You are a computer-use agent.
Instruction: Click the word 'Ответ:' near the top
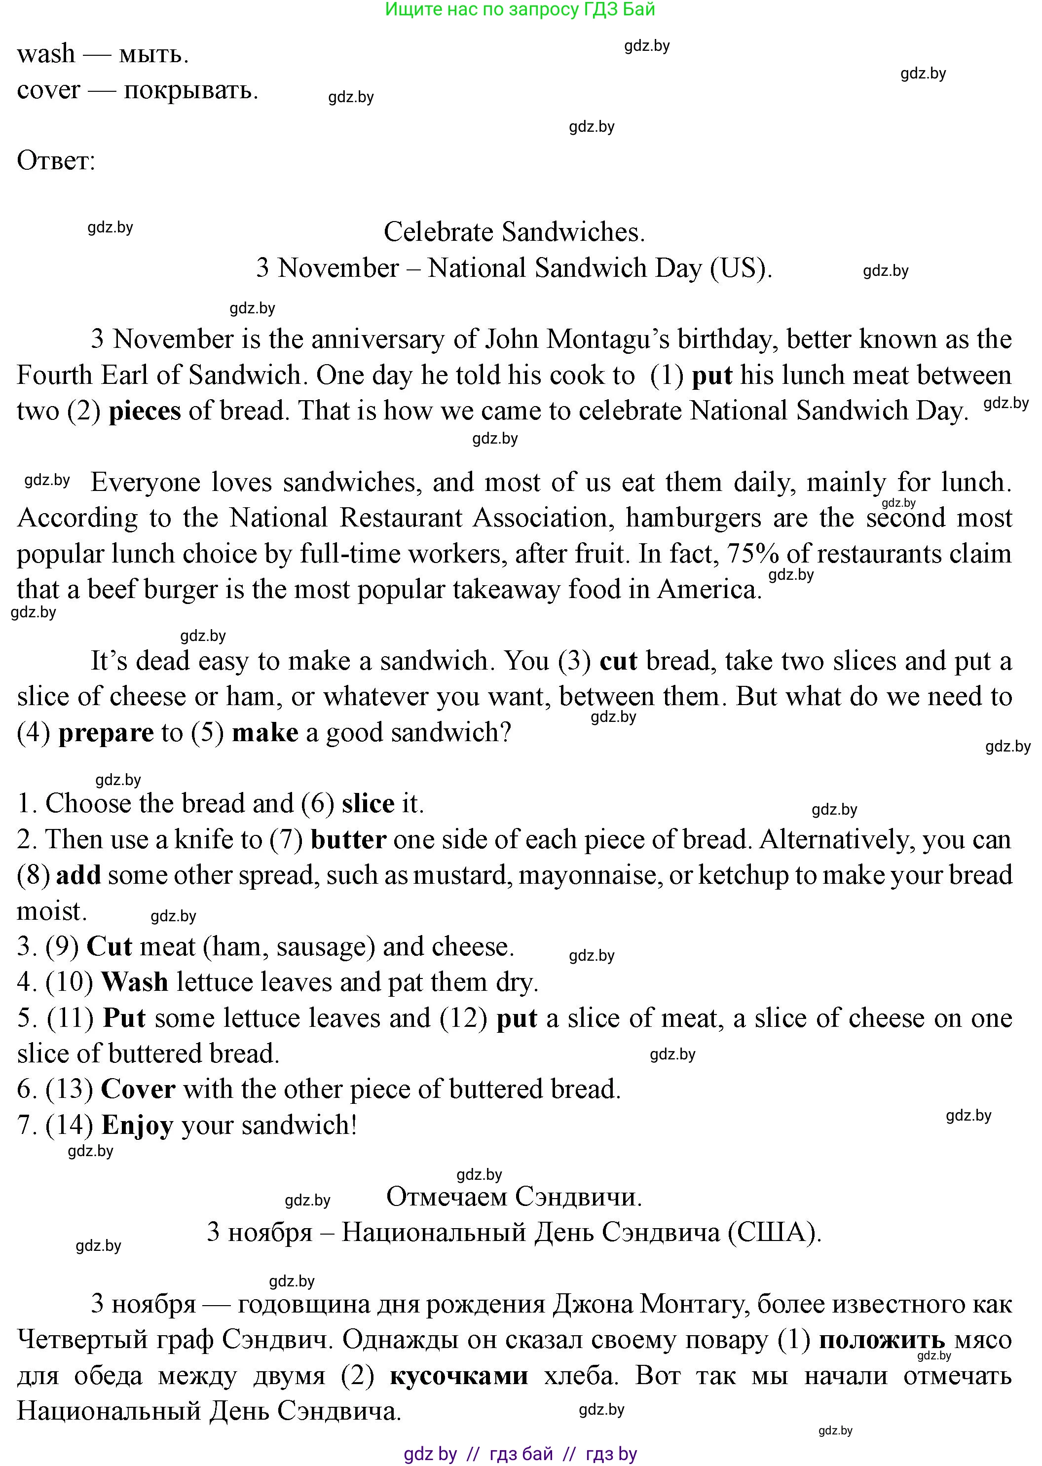(x=56, y=160)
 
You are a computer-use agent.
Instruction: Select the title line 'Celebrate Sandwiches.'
(x=514, y=232)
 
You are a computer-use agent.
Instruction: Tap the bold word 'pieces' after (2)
(x=145, y=411)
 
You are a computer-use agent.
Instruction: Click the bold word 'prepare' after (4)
(x=106, y=733)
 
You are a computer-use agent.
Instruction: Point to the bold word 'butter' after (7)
(x=348, y=840)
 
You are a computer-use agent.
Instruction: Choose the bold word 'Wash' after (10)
(x=135, y=982)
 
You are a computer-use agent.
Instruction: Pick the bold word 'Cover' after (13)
(x=138, y=1090)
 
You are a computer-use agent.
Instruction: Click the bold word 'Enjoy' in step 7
(x=137, y=1126)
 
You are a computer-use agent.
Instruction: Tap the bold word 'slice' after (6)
(x=368, y=804)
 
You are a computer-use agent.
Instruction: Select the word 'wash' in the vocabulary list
(x=45, y=54)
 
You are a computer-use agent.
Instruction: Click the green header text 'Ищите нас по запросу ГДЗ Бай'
(x=520, y=10)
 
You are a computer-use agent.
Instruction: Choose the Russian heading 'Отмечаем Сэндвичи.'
(x=514, y=1197)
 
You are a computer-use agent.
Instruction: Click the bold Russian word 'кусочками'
(x=459, y=1376)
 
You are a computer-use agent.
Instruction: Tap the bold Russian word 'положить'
(x=882, y=1340)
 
